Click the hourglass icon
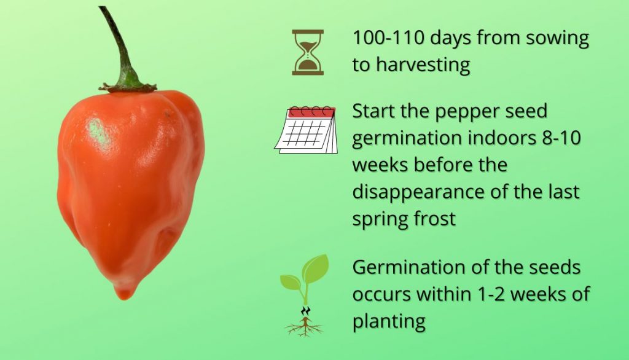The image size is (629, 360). click(308, 52)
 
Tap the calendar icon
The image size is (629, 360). click(306, 130)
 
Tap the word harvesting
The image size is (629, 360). click(423, 65)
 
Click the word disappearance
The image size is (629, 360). click(418, 193)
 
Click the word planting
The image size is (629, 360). click(389, 322)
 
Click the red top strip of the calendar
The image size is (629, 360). click(311, 112)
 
